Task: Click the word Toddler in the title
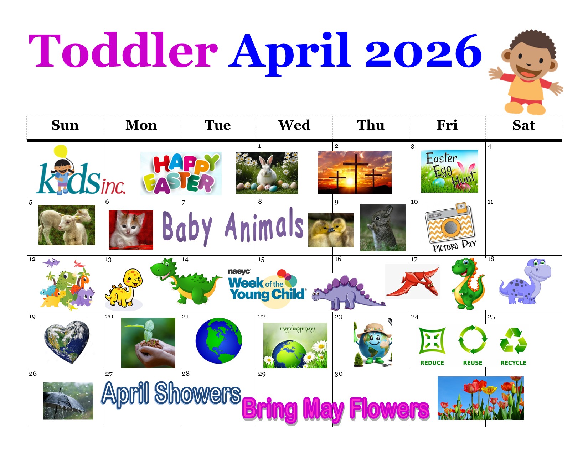[x=123, y=50]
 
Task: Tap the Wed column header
[x=294, y=125]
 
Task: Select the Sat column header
[x=523, y=125]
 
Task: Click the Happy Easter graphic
[x=181, y=173]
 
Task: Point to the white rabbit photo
[x=267, y=173]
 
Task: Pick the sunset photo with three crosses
[x=355, y=172]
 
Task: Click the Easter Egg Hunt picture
[x=449, y=171]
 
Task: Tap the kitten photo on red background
[x=131, y=230]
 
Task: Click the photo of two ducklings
[x=331, y=230]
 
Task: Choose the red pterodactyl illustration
[x=412, y=282]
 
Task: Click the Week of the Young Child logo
[x=267, y=288]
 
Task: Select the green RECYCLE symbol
[x=513, y=346]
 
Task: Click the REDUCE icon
[x=432, y=346]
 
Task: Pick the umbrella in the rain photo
[x=68, y=401]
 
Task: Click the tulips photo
[x=481, y=398]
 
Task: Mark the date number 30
[x=339, y=374]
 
